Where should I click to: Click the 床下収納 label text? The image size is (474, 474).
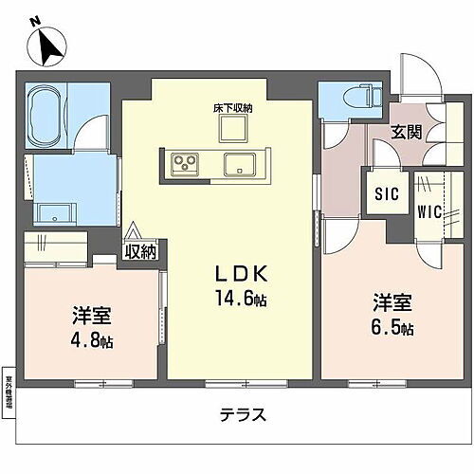pos(233,108)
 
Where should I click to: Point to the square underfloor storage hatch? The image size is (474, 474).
pos(233,130)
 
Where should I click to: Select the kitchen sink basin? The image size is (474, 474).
pos(238,165)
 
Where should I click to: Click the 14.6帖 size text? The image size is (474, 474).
pos(240,301)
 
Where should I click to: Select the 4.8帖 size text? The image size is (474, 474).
pos(92,339)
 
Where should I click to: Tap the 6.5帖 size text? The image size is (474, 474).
pos(392,328)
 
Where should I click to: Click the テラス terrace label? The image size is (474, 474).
pos(242,414)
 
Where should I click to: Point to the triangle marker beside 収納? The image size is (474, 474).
pos(132,230)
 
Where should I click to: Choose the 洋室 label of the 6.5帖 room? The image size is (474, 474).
pos(390,303)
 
